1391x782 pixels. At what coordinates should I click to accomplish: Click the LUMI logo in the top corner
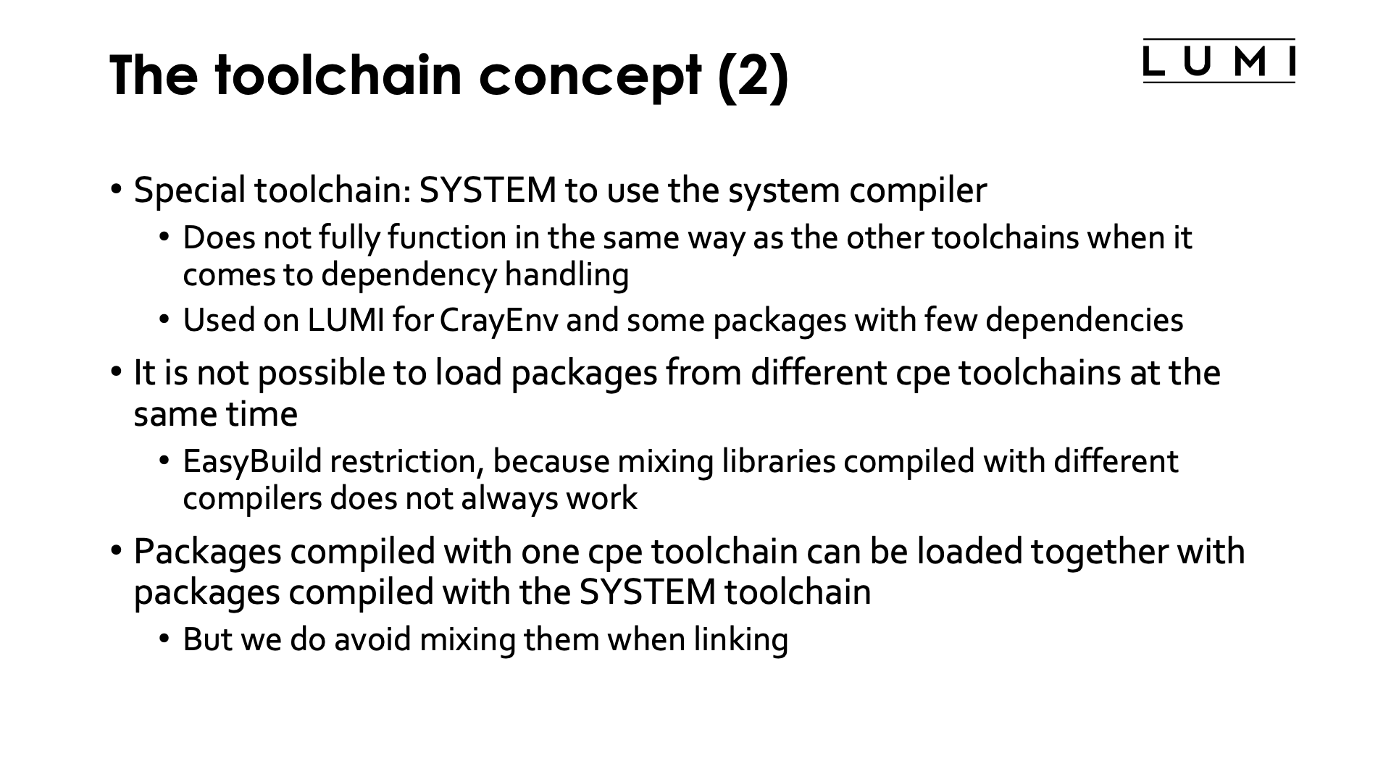[x=1219, y=62]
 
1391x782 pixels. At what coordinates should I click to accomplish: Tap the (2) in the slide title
[x=753, y=76]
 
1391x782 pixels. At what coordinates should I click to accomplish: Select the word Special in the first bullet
[x=190, y=190]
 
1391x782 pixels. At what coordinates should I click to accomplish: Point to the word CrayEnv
[x=498, y=320]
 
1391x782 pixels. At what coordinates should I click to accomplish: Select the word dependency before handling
[x=409, y=275]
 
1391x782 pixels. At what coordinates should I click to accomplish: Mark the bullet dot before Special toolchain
[x=117, y=190]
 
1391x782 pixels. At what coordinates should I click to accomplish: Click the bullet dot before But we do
[x=165, y=639]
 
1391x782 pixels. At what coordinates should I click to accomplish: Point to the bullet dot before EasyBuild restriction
[x=165, y=461]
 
